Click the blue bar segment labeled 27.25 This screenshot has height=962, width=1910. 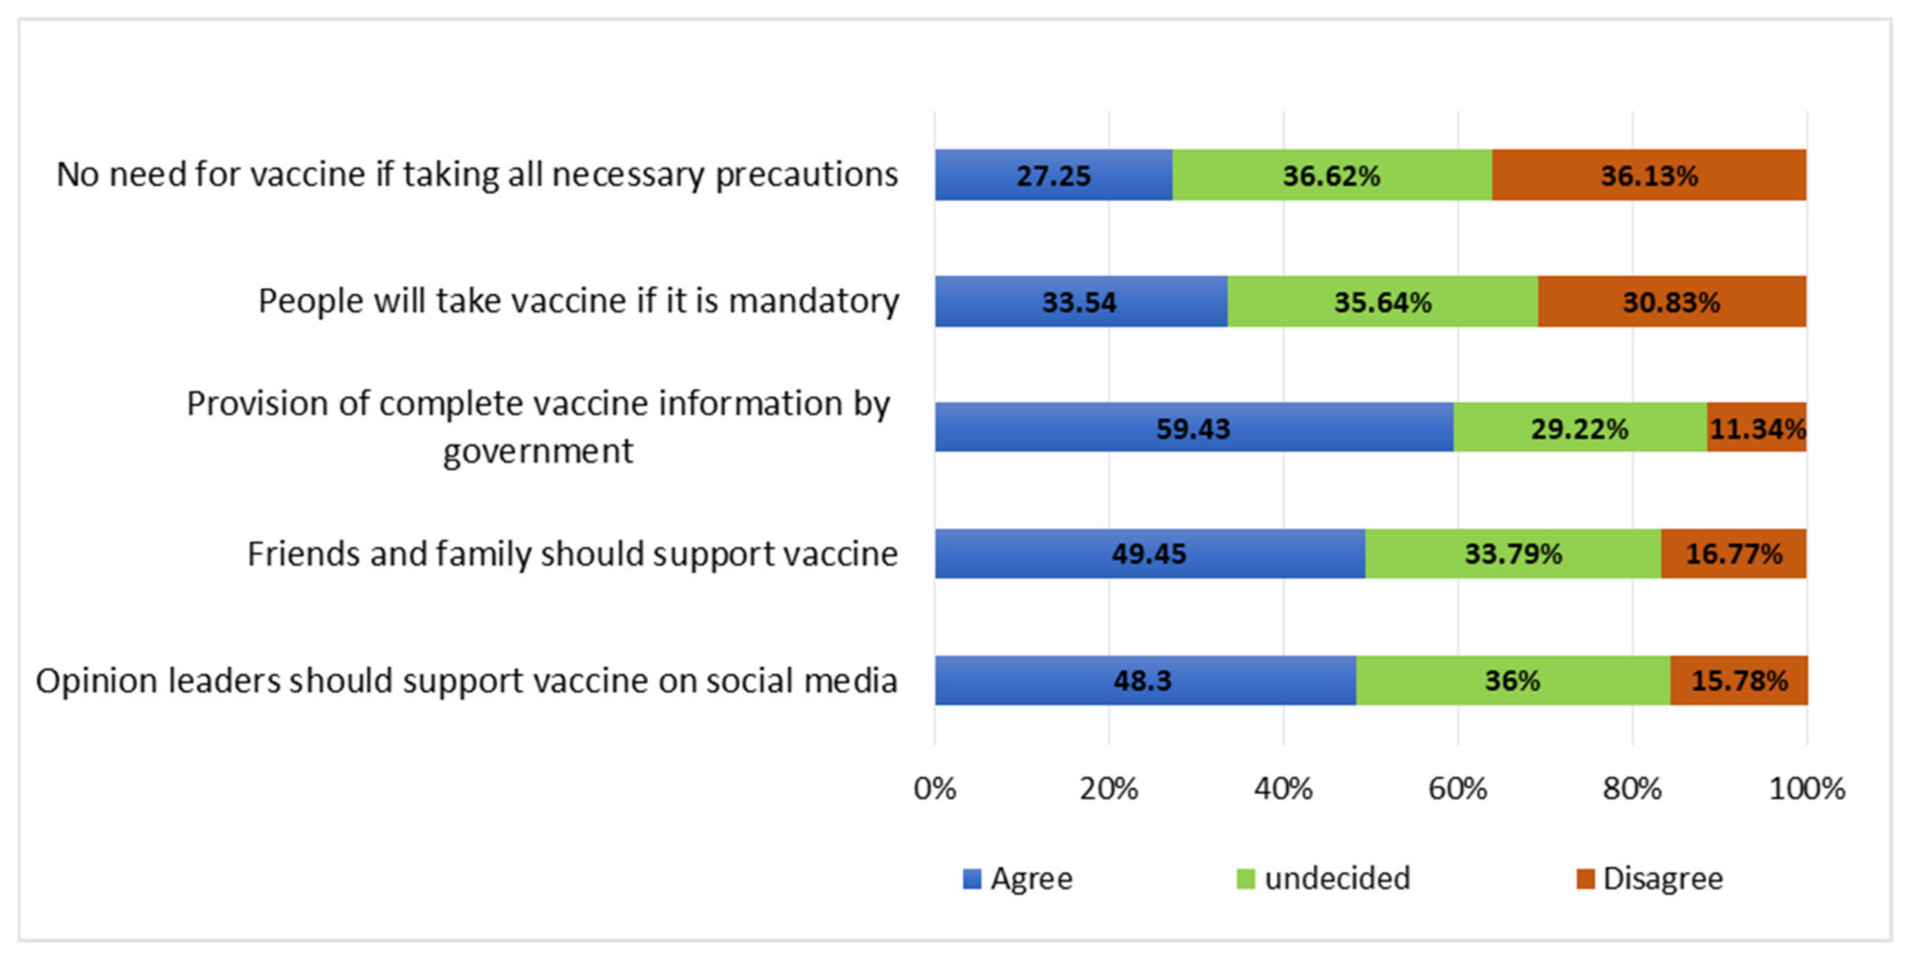1053,175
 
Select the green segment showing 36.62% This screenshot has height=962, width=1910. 1331,175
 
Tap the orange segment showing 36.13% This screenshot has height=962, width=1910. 1649,175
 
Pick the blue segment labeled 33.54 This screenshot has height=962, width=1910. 1080,302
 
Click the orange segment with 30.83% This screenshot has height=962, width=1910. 1671,302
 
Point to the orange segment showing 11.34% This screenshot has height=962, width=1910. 1756,428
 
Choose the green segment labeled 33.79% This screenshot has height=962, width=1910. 1513,553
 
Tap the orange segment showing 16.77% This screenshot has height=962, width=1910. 1733,553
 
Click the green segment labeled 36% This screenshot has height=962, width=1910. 1513,680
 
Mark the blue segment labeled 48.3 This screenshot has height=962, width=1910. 1144,680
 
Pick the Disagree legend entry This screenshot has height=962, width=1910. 1649,878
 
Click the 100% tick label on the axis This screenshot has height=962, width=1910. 1806,788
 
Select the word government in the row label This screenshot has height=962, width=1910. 538,451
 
